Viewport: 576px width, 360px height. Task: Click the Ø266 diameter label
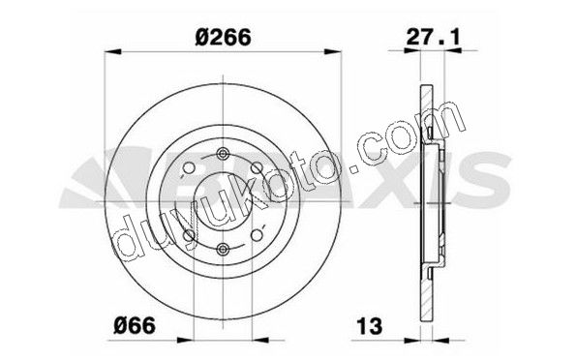pyautogui.click(x=223, y=37)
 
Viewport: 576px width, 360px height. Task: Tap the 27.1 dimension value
pyautogui.click(x=433, y=37)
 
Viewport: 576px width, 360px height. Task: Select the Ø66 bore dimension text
pyautogui.click(x=135, y=325)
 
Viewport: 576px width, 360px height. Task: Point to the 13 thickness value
pyautogui.click(x=370, y=326)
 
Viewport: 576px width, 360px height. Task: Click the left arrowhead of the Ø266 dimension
pyautogui.click(x=112, y=52)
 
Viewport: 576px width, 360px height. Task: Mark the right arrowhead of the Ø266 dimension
pyautogui.click(x=333, y=52)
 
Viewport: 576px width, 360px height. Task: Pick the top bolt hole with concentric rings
pyautogui.click(x=223, y=154)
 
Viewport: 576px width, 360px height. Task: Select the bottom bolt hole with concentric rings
pyautogui.click(x=223, y=250)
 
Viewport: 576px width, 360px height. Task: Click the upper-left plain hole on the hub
pyautogui.click(x=189, y=167)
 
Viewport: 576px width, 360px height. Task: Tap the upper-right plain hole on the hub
pyautogui.click(x=257, y=167)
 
